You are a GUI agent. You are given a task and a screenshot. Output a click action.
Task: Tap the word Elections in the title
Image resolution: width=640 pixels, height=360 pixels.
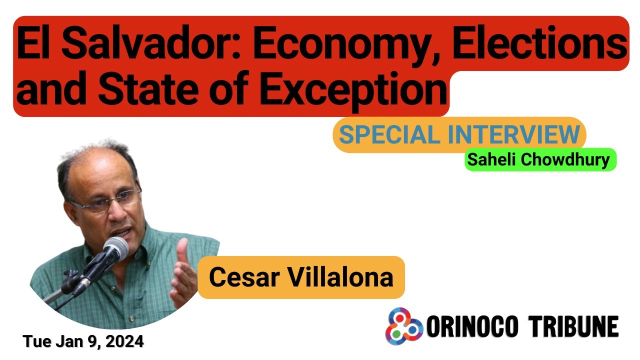tap(539, 44)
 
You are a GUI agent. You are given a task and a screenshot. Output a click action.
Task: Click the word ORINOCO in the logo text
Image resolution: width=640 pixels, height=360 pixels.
tap(470, 327)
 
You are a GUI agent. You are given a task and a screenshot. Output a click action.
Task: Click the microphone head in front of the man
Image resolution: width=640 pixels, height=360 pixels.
tap(116, 248)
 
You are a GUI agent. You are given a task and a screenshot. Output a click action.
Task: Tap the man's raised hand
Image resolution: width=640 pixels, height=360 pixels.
tap(182, 272)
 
